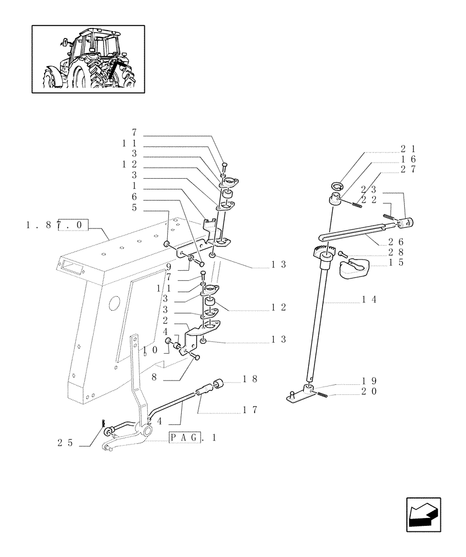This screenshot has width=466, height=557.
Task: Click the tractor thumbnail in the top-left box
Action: click(x=88, y=59)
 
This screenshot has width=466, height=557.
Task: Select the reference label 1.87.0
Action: click(x=56, y=224)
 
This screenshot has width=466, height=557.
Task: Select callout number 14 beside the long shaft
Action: click(x=370, y=300)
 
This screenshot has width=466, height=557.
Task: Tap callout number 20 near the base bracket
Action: click(x=368, y=391)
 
